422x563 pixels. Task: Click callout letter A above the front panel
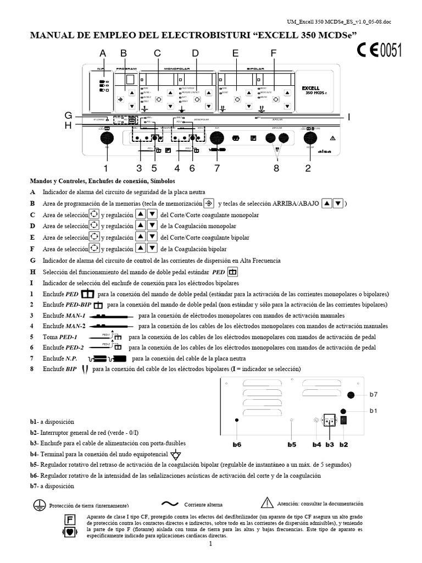[102, 53]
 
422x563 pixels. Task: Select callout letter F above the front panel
[273, 53]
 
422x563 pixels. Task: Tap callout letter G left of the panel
[68, 115]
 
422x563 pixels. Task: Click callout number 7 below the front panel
[217, 168]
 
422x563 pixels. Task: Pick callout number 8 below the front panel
[276, 168]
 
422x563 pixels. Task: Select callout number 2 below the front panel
[308, 168]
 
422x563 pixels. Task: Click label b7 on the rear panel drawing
[374, 395]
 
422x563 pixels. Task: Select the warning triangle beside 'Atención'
[267, 502]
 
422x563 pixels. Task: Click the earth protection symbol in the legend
[39, 504]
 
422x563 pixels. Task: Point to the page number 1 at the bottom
[210, 544]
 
